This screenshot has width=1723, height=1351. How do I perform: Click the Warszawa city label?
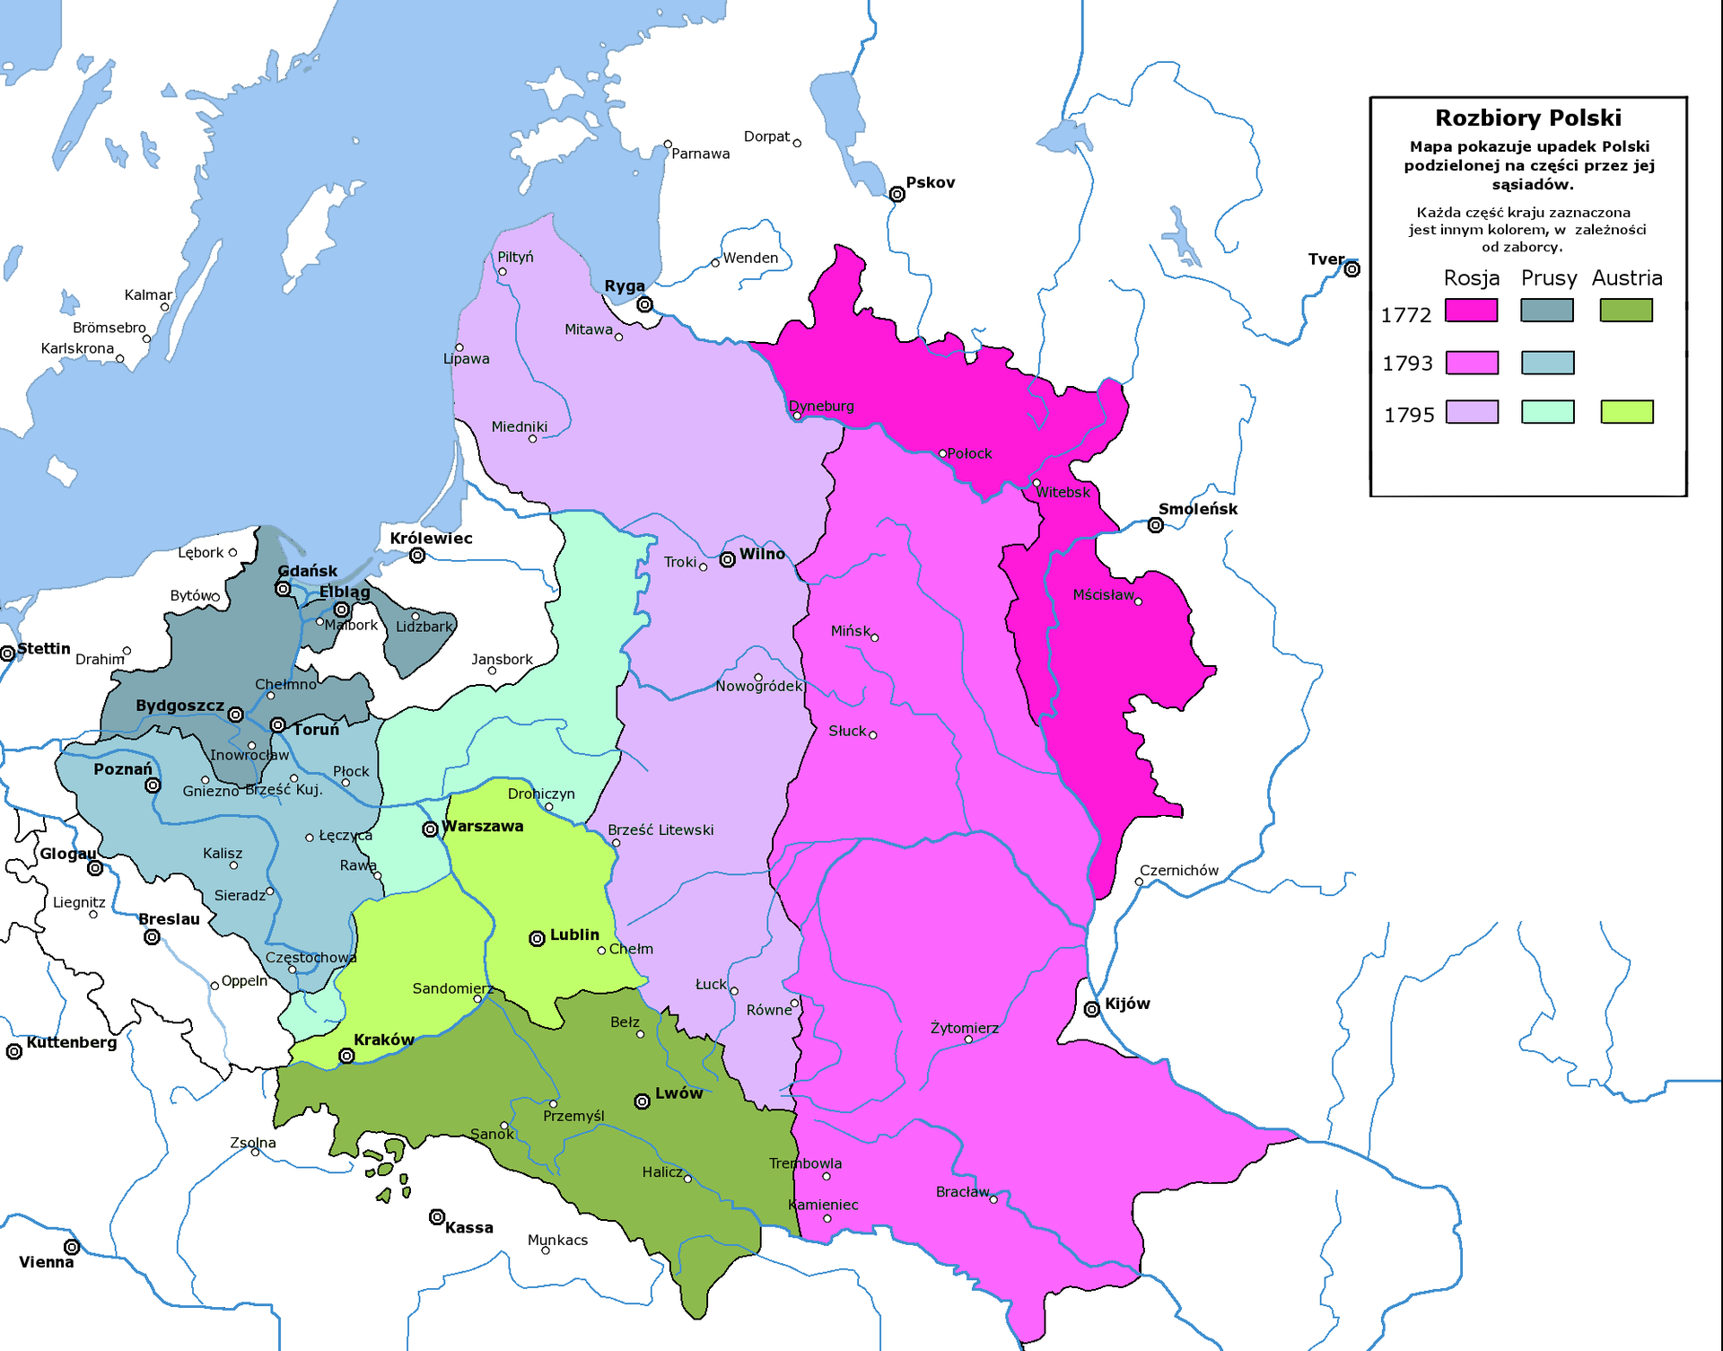[x=482, y=827]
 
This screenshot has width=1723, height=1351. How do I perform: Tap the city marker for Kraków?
[x=346, y=1057]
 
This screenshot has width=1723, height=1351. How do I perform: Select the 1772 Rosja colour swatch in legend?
[x=1471, y=311]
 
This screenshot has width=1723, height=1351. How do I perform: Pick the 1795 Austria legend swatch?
[x=1626, y=412]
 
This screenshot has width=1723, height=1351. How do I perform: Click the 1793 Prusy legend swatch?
[x=1547, y=363]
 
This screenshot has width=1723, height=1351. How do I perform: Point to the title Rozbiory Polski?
[x=1527, y=118]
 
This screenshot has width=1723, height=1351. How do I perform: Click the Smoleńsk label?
[x=1197, y=509]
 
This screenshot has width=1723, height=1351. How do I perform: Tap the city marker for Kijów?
[x=1091, y=1010]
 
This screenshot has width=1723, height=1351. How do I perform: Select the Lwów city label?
[x=678, y=1093]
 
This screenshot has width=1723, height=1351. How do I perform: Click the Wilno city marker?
[x=728, y=560]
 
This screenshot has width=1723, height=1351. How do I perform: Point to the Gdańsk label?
[x=308, y=571]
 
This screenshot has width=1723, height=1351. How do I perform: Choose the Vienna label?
[x=46, y=1262]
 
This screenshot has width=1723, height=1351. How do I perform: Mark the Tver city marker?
[x=1351, y=269]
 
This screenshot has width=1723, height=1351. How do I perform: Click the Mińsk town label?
[x=850, y=631]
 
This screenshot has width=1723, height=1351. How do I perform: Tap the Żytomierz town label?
[x=964, y=1028]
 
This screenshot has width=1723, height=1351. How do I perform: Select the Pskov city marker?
[x=896, y=195]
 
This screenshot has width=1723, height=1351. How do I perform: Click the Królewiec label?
[x=431, y=539]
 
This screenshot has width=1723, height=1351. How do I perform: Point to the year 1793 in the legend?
[x=1407, y=364]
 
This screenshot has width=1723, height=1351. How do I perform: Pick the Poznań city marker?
[x=153, y=785]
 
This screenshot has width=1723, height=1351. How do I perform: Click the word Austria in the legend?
[x=1626, y=278]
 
